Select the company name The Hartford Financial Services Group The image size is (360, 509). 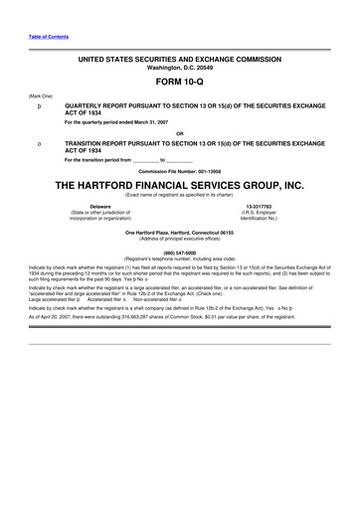179,185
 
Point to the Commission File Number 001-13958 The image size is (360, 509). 179,171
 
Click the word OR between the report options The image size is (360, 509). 179,132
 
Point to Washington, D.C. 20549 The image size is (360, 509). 179,69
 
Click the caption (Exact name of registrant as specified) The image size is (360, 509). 179,195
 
